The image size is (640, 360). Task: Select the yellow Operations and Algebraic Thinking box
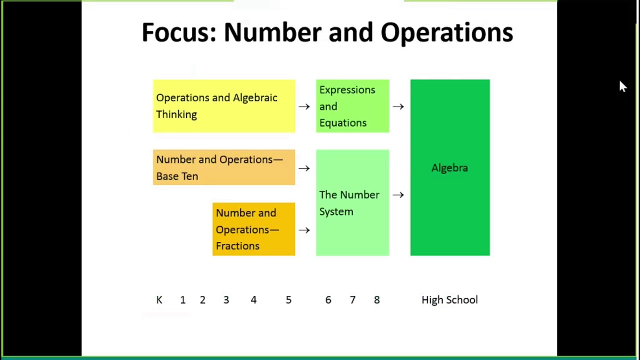coord(223,106)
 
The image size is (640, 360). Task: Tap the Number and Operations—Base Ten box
coord(223,167)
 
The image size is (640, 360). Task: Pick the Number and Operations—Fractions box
coord(253,229)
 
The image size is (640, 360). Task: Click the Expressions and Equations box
coord(352,106)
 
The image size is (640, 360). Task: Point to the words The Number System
coord(349,203)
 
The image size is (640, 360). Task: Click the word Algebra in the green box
coord(449,168)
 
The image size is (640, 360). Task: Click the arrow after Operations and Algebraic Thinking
coord(304,106)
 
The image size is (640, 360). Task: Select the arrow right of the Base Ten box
coord(304,168)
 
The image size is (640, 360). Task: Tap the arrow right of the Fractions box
coord(304,230)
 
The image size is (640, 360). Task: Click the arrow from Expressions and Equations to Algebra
coord(398,106)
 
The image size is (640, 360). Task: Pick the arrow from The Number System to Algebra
coord(398,194)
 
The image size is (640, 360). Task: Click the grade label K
coord(159,300)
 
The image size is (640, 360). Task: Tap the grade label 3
coord(226,300)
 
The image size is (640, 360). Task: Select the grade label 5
coord(288,300)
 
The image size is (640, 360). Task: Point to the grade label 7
coord(352,300)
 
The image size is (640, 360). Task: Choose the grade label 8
coord(376,300)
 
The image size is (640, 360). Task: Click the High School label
coord(449,300)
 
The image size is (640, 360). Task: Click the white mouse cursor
coord(622,87)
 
